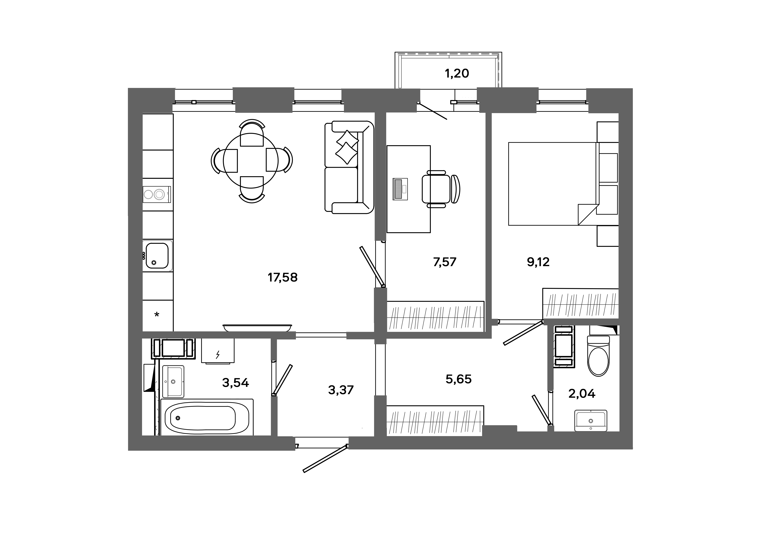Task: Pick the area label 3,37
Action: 341,390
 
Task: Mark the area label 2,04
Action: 582,393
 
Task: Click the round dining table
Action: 251,161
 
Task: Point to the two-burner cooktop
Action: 157,194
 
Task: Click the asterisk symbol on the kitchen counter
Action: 157,315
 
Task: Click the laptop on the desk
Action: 400,189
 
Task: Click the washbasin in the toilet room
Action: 591,420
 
